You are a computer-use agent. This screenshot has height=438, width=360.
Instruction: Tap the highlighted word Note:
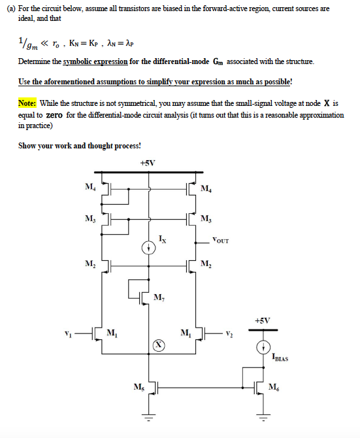click(x=28, y=103)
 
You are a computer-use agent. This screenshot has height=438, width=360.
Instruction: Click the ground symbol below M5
click(x=148, y=416)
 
